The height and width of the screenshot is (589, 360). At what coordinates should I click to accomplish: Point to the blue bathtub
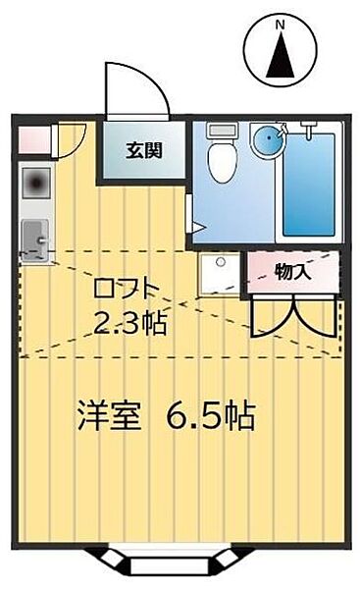click(x=309, y=184)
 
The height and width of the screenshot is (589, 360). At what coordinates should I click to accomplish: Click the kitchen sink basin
click(x=35, y=236)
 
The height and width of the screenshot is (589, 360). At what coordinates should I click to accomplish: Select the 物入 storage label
click(x=293, y=271)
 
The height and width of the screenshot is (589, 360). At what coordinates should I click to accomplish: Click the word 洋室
click(x=108, y=416)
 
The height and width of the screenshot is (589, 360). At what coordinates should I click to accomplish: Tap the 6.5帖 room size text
click(x=210, y=416)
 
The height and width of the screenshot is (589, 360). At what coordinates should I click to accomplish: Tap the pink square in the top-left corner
click(x=30, y=138)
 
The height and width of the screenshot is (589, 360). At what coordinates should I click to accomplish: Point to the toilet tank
click(x=223, y=130)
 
